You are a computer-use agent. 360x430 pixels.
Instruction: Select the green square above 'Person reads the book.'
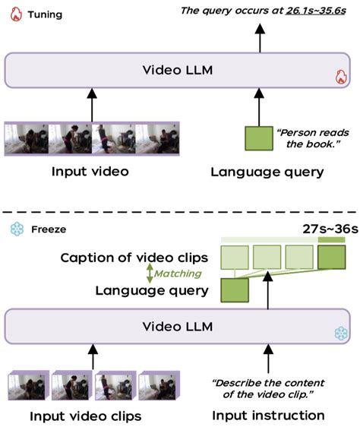tap(258, 137)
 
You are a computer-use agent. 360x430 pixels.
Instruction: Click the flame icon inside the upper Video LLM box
tap(341, 77)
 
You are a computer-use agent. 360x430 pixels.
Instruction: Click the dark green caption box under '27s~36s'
tap(330, 258)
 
